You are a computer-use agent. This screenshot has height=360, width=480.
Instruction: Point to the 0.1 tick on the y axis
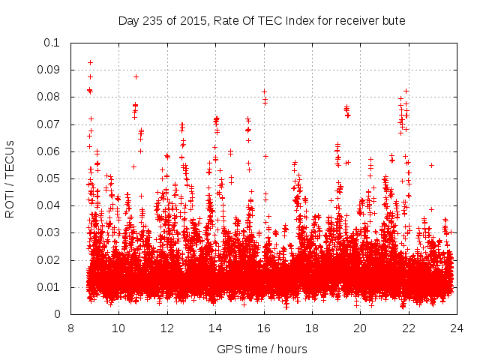52,43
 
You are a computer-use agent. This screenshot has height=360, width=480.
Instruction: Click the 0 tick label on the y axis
58,314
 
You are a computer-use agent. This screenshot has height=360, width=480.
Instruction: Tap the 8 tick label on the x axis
70,328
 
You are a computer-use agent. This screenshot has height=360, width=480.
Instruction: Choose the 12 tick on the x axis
167,328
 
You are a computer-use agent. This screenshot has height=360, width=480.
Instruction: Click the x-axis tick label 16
264,328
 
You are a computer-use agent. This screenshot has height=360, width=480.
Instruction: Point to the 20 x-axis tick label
360,328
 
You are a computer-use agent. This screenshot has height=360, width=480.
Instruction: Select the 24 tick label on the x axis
457,328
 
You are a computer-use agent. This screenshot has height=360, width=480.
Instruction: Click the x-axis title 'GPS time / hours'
263,349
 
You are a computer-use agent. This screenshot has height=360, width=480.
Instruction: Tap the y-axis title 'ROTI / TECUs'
10,178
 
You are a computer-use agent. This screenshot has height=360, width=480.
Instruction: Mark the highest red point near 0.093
91,62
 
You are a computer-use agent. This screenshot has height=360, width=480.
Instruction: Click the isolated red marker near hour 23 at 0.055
431,165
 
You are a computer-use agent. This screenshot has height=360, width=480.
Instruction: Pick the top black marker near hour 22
406,91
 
